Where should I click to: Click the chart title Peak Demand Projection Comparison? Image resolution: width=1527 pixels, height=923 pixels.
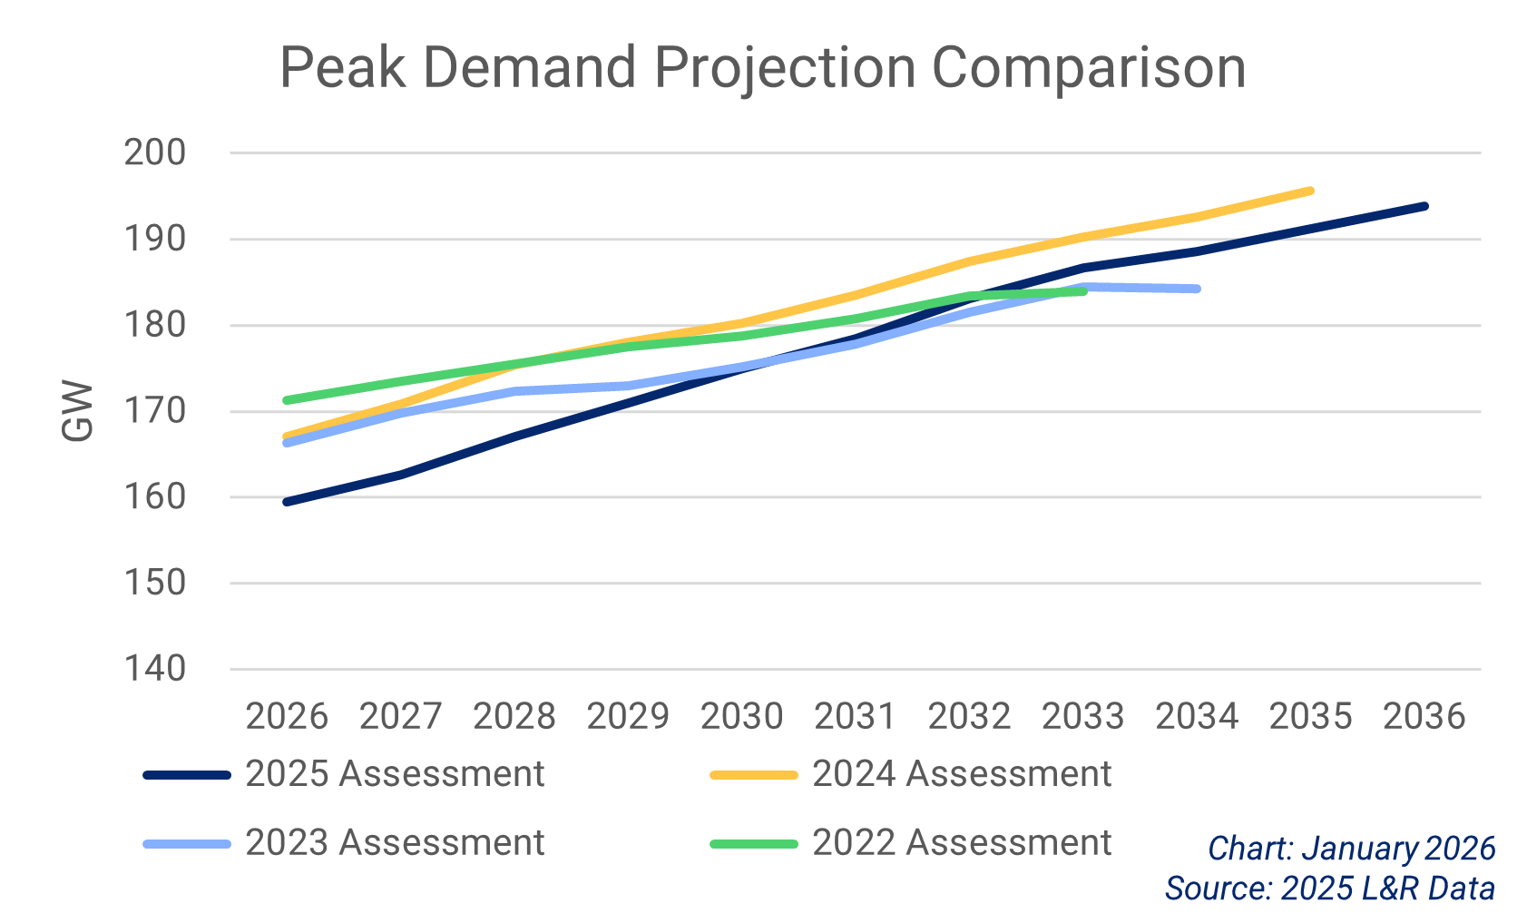[762, 68]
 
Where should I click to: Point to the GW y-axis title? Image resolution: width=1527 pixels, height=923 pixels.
[78, 411]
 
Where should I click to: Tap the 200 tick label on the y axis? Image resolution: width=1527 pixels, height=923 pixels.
[155, 152]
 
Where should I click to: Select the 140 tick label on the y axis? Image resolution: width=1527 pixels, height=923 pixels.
[155, 669]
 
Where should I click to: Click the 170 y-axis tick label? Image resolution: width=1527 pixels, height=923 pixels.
[155, 411]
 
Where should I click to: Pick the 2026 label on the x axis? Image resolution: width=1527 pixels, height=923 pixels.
[287, 717]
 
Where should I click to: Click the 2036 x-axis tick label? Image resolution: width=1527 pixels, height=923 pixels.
[1424, 717]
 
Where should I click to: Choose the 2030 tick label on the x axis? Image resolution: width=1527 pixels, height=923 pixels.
[741, 717]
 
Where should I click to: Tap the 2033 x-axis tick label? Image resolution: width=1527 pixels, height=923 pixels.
[1082, 717]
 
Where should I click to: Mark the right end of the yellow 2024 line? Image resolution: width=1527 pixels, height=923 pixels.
[1310, 191]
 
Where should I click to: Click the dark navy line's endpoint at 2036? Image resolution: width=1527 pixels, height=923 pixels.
[1424, 206]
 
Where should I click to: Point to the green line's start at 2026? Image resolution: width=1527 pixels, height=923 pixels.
[288, 400]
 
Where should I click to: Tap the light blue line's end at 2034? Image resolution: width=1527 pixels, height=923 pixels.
[1197, 289]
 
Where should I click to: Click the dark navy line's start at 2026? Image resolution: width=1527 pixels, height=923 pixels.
[288, 502]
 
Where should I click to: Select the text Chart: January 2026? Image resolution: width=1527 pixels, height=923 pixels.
[1351, 849]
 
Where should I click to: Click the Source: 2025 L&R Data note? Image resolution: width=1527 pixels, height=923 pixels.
[1330, 888]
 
